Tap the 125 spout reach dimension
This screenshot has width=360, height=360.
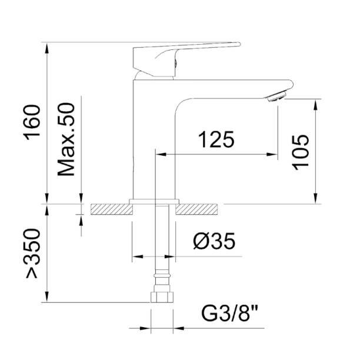click(216, 140)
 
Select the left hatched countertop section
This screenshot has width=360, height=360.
click(109, 209)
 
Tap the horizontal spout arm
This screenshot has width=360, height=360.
click(235, 88)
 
